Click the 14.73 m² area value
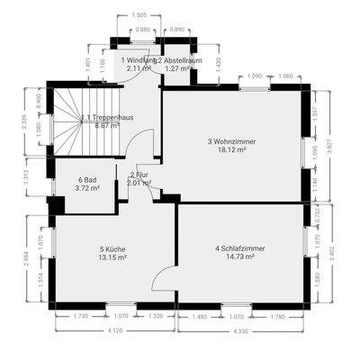click(x=235, y=256)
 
